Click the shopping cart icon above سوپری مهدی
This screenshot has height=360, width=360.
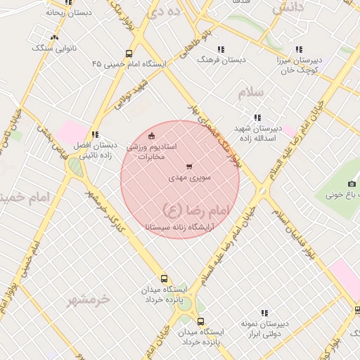(x=188, y=167)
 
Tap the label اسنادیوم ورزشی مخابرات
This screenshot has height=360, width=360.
(x=152, y=151)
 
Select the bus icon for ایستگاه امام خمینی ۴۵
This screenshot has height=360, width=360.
(x=128, y=53)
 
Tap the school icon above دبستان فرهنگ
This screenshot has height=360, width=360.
(x=221, y=49)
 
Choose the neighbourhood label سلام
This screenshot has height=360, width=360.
(x=250, y=93)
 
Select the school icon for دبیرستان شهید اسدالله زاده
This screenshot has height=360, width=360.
(x=257, y=117)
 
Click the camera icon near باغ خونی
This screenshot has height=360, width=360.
(x=352, y=184)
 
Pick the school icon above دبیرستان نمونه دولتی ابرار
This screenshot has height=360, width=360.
(x=264, y=313)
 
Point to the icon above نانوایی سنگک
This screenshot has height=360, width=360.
(x=55, y=37)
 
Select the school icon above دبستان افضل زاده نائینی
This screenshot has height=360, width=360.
(x=94, y=134)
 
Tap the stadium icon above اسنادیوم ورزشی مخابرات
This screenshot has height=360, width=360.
(x=152, y=136)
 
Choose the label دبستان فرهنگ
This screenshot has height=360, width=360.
(x=221, y=60)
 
